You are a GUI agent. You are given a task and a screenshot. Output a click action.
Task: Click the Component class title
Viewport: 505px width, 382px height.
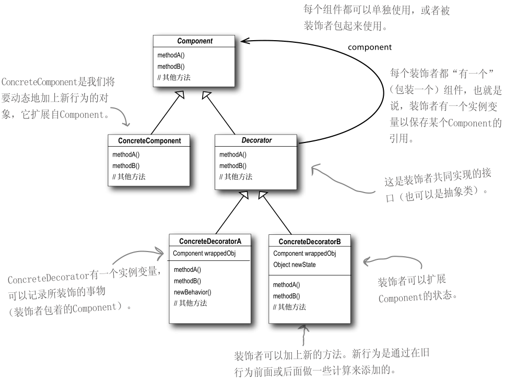tap(195, 41)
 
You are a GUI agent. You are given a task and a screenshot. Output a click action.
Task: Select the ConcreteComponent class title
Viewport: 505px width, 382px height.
tap(149, 141)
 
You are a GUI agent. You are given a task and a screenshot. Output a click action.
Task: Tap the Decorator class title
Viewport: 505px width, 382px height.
tap(256, 141)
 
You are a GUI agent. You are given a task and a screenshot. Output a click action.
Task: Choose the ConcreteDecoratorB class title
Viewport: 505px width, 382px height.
tap(310, 242)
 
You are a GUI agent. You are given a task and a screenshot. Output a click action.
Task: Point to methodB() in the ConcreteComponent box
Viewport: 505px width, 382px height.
tap(126, 165)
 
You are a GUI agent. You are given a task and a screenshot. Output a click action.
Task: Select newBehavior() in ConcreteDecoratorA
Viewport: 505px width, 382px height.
tap(192, 292)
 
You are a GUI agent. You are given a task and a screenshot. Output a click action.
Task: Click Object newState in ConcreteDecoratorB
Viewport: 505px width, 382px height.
tap(294, 265)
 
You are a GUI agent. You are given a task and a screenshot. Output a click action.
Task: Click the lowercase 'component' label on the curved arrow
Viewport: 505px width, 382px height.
tap(369, 47)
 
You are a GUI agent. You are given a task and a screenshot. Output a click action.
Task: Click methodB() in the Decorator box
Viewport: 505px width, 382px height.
tap(233, 165)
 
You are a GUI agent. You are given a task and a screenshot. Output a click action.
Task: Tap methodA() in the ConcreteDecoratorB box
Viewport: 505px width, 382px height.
tap(287, 285)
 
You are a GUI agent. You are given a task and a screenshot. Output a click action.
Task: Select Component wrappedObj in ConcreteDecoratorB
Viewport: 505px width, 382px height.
tap(304, 254)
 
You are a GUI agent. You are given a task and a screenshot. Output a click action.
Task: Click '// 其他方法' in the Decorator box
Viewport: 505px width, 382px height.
tap(236, 177)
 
